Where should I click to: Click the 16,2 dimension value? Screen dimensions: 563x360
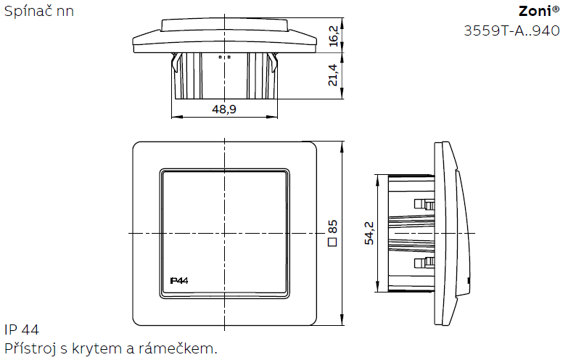334,36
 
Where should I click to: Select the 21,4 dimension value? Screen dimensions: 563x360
333,75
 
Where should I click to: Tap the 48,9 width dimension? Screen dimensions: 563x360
224,109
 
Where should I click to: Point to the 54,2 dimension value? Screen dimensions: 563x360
369,234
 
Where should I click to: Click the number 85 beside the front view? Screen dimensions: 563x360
333,227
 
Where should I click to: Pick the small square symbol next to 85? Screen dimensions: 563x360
333,242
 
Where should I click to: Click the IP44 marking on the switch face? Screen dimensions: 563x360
178,281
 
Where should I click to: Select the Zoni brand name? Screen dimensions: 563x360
535,12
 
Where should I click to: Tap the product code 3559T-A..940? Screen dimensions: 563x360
511,31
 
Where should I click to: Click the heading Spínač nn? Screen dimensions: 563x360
38,11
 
